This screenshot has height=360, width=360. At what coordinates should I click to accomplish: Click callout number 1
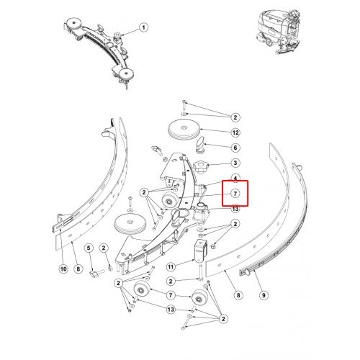pyautogui.click(x=143, y=27)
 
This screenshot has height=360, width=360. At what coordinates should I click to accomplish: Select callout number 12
pyautogui.click(x=235, y=132)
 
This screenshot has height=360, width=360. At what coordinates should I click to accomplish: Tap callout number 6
pyautogui.click(x=235, y=148)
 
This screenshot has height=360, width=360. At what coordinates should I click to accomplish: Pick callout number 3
pyautogui.click(x=235, y=163)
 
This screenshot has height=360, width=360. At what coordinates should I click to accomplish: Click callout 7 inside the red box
pyautogui.click(x=235, y=194)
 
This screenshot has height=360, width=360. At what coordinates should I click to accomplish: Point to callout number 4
pyautogui.click(x=235, y=178)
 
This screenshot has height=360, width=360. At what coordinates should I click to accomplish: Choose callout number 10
pyautogui.click(x=63, y=269)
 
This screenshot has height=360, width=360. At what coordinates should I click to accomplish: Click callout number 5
pyautogui.click(x=89, y=248)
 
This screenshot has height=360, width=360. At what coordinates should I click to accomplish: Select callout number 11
pyautogui.click(x=171, y=267)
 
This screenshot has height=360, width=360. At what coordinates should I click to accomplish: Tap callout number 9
pyautogui.click(x=264, y=295)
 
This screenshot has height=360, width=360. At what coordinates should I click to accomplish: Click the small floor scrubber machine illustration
pyautogui.click(x=279, y=31)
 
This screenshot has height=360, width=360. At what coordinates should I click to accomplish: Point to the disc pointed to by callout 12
pyautogui.click(x=184, y=131)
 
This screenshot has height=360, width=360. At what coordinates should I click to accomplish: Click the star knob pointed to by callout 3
pyautogui.click(x=201, y=168)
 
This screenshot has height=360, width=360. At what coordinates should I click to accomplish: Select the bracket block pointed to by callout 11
pyautogui.click(x=201, y=251)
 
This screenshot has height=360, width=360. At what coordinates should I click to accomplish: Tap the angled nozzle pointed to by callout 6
pyautogui.click(x=200, y=145)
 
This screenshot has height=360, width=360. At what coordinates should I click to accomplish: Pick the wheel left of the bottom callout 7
pyautogui.click(x=142, y=289)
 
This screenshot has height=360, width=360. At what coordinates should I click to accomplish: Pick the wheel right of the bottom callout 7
pyautogui.click(x=200, y=298)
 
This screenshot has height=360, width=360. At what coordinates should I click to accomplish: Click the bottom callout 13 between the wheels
pyautogui.click(x=171, y=310)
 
